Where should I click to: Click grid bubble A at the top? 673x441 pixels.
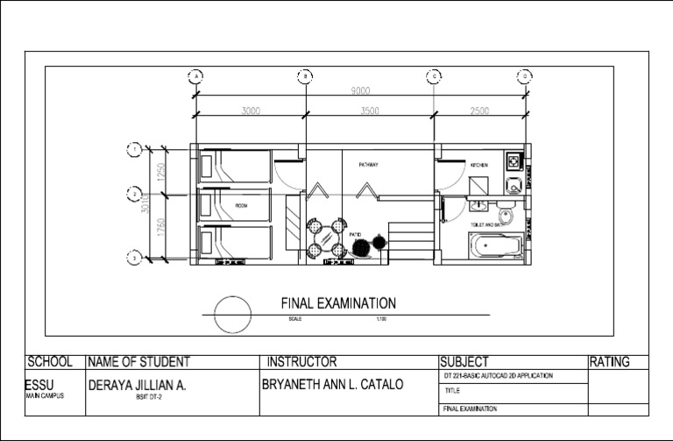point(195,76)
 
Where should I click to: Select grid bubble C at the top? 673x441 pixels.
point(434,76)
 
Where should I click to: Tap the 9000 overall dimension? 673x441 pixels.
point(360,91)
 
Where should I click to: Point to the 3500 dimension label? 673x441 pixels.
point(370,111)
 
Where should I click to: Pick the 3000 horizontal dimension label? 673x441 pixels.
point(251,111)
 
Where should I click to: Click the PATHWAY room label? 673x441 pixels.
point(367,165)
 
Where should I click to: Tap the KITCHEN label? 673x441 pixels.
point(478,165)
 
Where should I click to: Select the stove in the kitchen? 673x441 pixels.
point(513,162)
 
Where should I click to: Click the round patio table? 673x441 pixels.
point(326,237)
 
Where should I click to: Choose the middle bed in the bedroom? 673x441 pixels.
point(235,205)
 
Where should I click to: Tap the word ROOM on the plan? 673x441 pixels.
point(242,206)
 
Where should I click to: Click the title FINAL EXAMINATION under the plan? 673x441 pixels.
point(338,303)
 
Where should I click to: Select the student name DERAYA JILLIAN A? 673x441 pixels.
point(137,385)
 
